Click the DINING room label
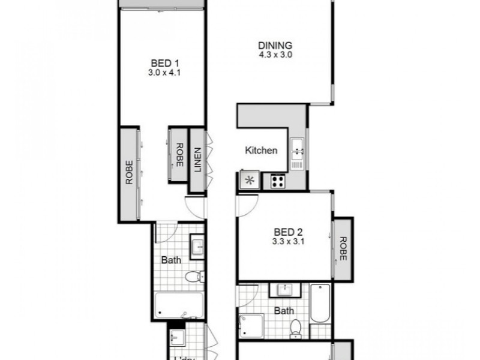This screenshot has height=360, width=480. coord(275,46)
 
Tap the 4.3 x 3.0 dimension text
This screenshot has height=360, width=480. coord(275,55)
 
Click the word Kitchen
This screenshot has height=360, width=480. coord(262,151)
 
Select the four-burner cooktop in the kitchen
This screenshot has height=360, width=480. coord(278,180)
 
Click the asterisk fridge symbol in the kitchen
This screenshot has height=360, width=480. coord(248,180)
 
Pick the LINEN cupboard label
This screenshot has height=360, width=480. coord(197,160)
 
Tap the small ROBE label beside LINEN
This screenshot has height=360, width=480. coord(178,155)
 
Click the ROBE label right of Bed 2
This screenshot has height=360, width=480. coord(343,248)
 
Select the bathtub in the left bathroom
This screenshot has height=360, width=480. coord(179,306)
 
